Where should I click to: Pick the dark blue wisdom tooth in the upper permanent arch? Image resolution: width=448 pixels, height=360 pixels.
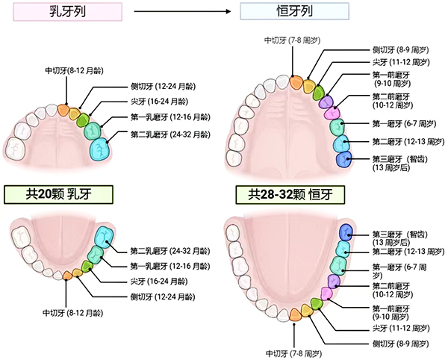click(x=343, y=159)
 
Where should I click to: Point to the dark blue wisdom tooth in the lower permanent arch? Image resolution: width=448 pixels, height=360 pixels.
click(x=345, y=232)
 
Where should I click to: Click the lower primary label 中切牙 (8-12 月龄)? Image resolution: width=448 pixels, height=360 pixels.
click(x=72, y=311)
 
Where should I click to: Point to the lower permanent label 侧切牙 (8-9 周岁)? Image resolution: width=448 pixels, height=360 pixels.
click(x=399, y=343)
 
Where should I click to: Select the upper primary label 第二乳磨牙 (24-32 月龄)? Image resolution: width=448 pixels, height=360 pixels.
click(x=169, y=135)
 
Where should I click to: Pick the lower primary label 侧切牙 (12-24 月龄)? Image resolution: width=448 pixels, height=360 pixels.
click(x=162, y=297)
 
